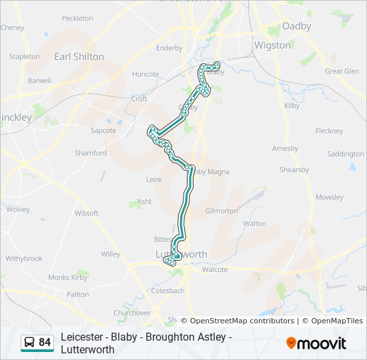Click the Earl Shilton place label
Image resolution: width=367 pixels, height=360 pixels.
point(79,57)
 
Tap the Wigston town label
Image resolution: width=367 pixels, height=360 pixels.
point(272,45)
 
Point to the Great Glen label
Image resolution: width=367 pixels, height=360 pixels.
point(342,71)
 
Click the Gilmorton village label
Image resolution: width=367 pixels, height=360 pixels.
point(222,211)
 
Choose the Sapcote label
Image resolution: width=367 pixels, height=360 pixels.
point(103,131)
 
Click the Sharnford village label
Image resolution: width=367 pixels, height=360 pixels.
point(91,153)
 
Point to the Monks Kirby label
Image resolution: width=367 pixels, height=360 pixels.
point(68,277)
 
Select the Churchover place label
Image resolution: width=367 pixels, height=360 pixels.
point(131,313)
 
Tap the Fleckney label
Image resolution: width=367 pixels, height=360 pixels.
point(329,131)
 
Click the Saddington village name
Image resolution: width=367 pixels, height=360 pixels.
point(346,154)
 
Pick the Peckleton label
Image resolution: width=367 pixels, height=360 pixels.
point(77,18)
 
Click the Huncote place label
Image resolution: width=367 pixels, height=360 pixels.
point(145,74)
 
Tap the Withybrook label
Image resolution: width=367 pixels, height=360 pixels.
point(24,258)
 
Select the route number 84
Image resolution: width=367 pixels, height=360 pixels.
point(45,343)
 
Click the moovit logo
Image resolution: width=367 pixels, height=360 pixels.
point(316,343)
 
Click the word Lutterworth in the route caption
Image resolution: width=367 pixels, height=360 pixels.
point(88,349)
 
